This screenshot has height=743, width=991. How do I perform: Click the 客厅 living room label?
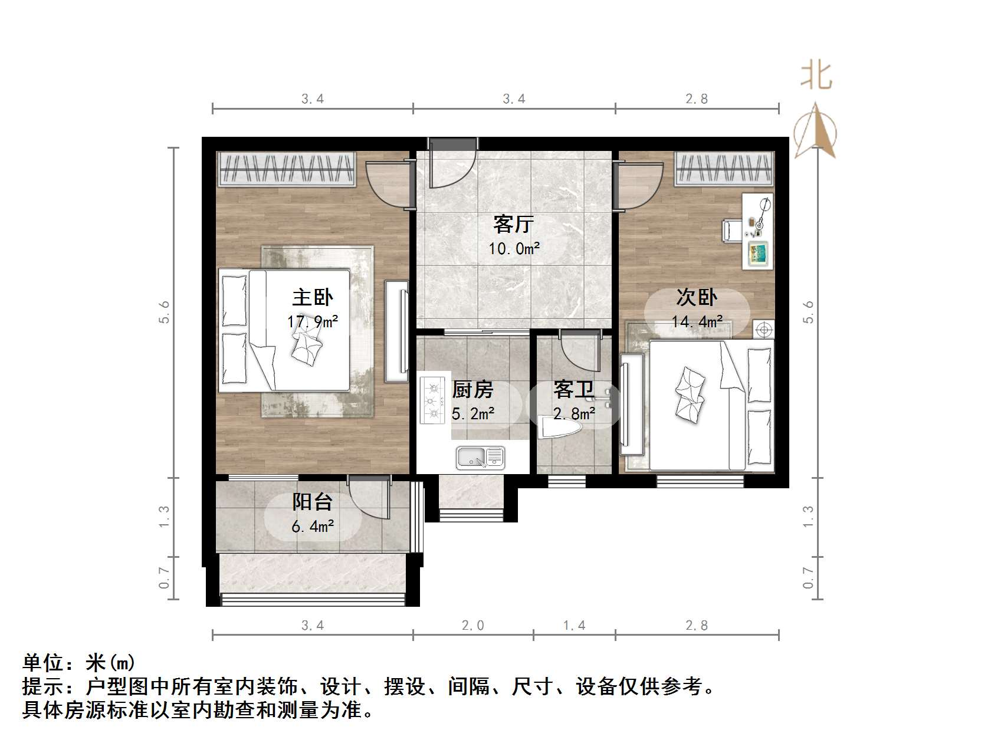(x=513, y=225)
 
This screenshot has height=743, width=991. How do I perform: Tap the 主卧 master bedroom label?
(x=312, y=297)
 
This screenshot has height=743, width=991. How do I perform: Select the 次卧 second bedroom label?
(x=697, y=297)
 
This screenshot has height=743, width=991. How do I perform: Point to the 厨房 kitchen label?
(x=472, y=390)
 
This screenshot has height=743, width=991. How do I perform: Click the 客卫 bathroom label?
(x=573, y=390)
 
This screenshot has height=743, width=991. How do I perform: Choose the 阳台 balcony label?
(x=312, y=502)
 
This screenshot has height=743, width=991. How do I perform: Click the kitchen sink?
(x=480, y=457)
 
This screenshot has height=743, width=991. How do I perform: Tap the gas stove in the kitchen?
(x=432, y=401)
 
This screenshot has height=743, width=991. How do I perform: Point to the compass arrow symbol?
(x=816, y=131)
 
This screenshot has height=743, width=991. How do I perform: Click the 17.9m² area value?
(x=313, y=322)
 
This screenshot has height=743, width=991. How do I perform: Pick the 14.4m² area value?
(x=697, y=322)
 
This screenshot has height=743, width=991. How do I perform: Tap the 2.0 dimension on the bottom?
(x=472, y=625)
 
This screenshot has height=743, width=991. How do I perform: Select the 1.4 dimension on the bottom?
(x=574, y=625)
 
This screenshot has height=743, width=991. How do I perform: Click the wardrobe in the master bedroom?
(x=287, y=169)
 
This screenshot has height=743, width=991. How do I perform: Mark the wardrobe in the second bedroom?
(x=724, y=167)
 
